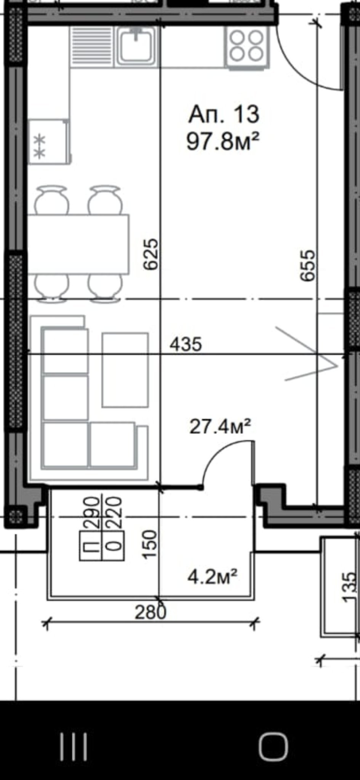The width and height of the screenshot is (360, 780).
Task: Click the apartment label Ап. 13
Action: coord(224,114)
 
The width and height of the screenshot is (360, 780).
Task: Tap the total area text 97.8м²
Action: coord(223,142)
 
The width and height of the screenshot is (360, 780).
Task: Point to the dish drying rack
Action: coord(92,47)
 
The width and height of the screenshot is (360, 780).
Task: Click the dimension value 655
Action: coord(308,265)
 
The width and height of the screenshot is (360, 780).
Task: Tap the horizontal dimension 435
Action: coord(186,345)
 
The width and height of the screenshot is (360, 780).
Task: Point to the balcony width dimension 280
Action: coord(151,613)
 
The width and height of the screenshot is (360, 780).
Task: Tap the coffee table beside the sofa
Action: coord(125,370)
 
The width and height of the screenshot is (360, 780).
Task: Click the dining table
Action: coord(78,244)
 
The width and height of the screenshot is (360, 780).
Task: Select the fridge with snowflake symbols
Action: coord(49,142)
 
